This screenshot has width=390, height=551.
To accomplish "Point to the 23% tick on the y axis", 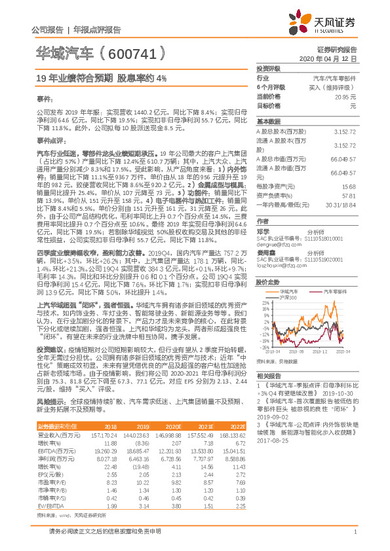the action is (x=262, y=285).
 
